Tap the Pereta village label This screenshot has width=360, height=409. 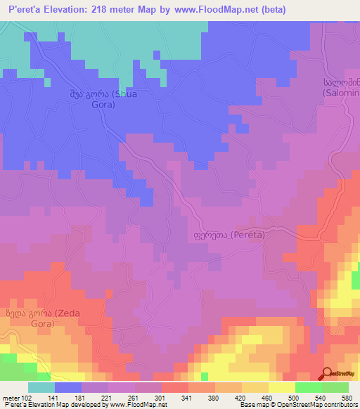pyautogui.click(x=229, y=235)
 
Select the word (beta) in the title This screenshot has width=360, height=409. pyautogui.click(x=272, y=11)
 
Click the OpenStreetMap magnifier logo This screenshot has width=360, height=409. pyautogui.click(x=328, y=374)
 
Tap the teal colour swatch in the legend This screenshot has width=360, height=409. pyautogui.click(x=41, y=387)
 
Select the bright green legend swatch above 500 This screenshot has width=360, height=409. pyautogui.click(x=309, y=387)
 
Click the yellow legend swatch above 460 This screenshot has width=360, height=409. pyautogui.click(x=282, y=387)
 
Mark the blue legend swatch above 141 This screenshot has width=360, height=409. pyautogui.click(x=68, y=387)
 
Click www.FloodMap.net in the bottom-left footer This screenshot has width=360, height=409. pyautogui.click(x=143, y=405)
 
